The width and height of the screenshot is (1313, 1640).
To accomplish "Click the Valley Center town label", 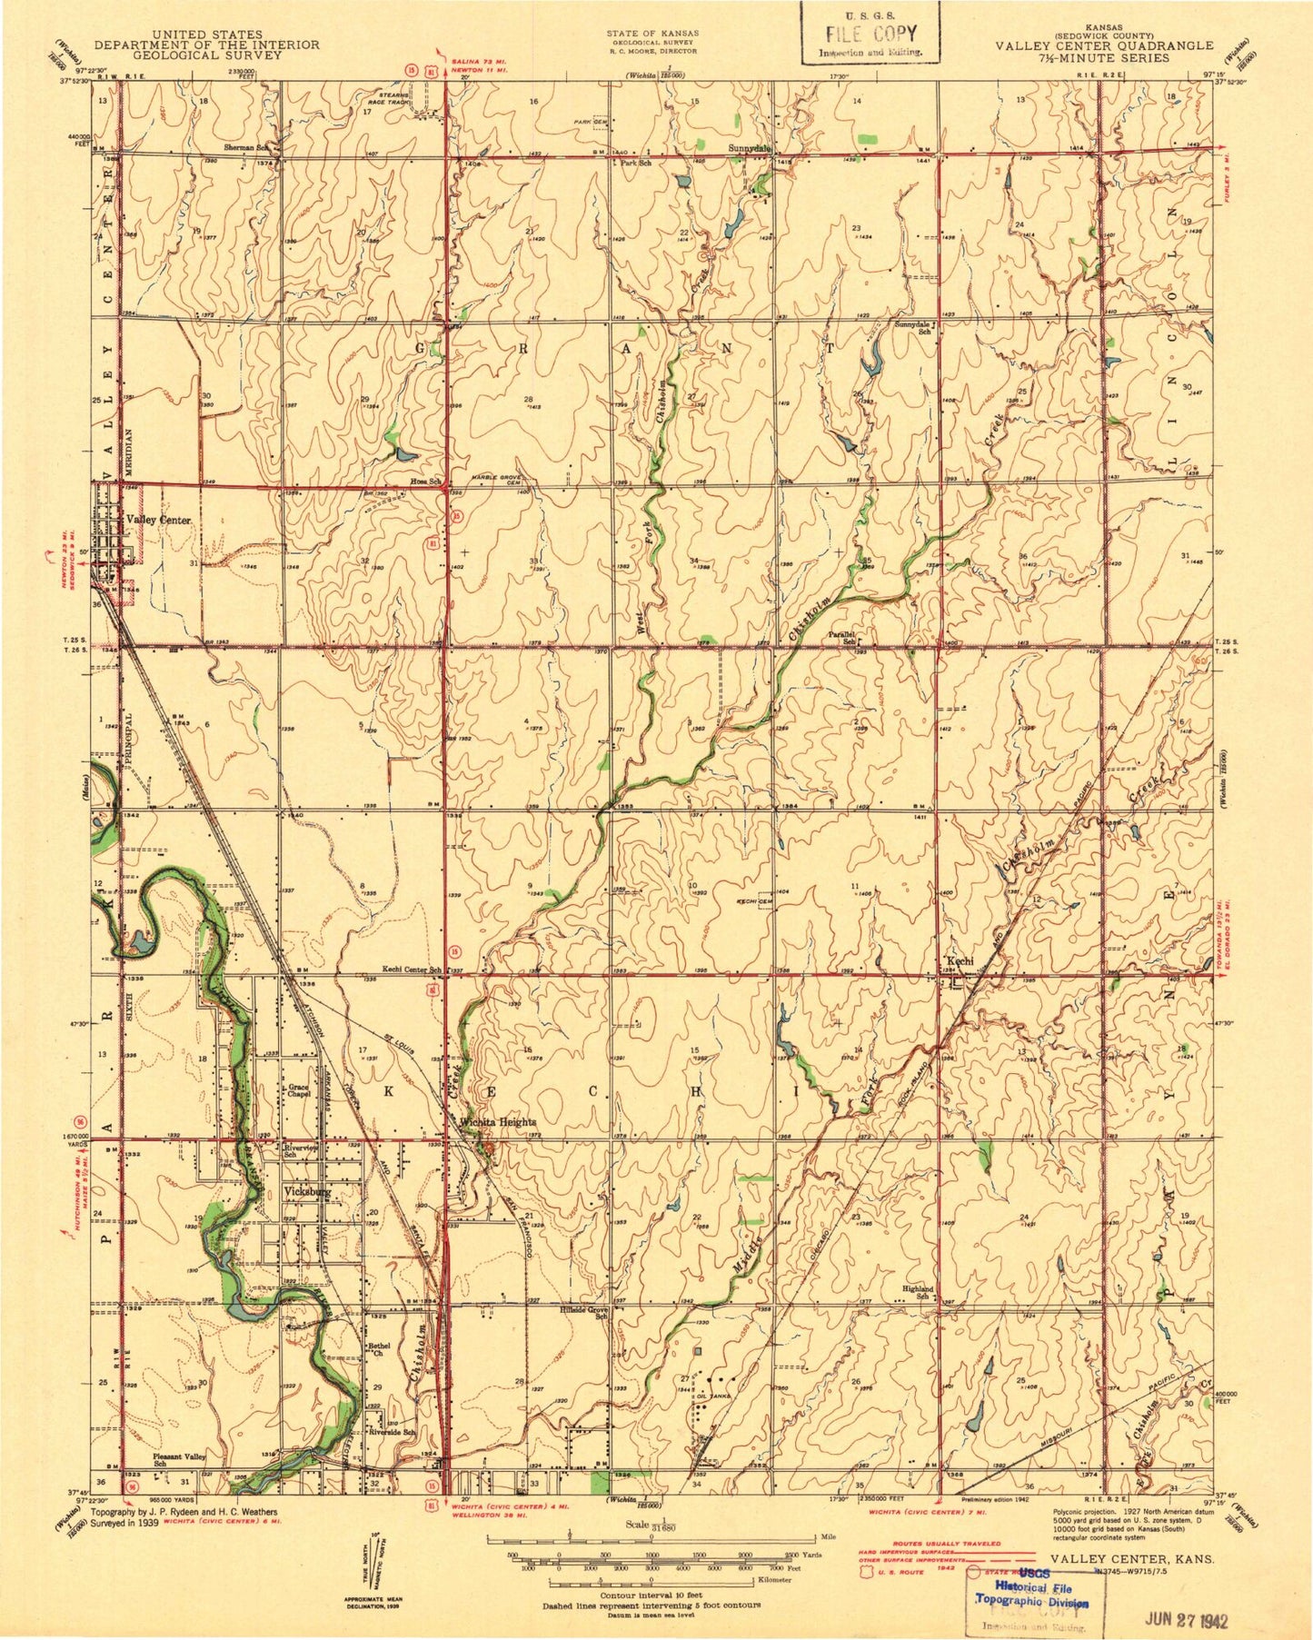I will tap(158, 520).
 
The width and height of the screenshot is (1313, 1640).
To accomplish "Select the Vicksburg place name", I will tap(309, 1189).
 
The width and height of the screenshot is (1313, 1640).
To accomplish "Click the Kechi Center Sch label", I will tap(411, 969).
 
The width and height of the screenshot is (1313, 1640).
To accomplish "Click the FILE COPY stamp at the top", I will tap(869, 35).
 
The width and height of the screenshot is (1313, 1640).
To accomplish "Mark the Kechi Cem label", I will tap(753, 901).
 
